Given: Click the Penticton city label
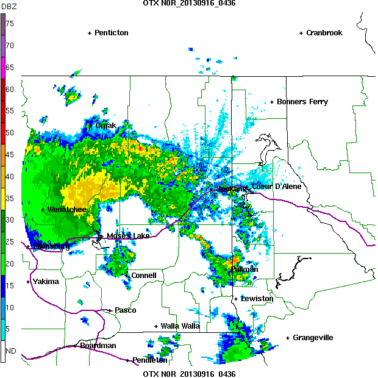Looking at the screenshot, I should pos(111,33).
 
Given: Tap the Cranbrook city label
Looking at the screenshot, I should pos(324,33).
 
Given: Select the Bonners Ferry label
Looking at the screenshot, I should pos(302,102).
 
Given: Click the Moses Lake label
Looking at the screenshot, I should pos(128,236).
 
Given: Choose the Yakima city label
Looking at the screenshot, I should pos(46,282).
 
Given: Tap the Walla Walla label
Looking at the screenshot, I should pos(180,326).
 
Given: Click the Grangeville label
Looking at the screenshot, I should pos(313,338).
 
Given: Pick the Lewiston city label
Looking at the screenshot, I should pos(257,299).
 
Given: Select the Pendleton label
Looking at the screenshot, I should pos(149,360).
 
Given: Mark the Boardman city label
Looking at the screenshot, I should pos(98,346).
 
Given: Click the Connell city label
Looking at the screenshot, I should pos(144,276).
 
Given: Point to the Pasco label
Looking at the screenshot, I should pos(126,310).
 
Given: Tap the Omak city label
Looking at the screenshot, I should pos(105,126).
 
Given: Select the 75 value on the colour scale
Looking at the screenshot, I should pos(10,24).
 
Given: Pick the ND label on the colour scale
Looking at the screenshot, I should pos(11,351).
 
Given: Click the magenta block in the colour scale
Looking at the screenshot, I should pos(3,67).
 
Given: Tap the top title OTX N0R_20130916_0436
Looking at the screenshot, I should pos(189,3).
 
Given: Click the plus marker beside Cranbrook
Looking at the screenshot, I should pos(301,33).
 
